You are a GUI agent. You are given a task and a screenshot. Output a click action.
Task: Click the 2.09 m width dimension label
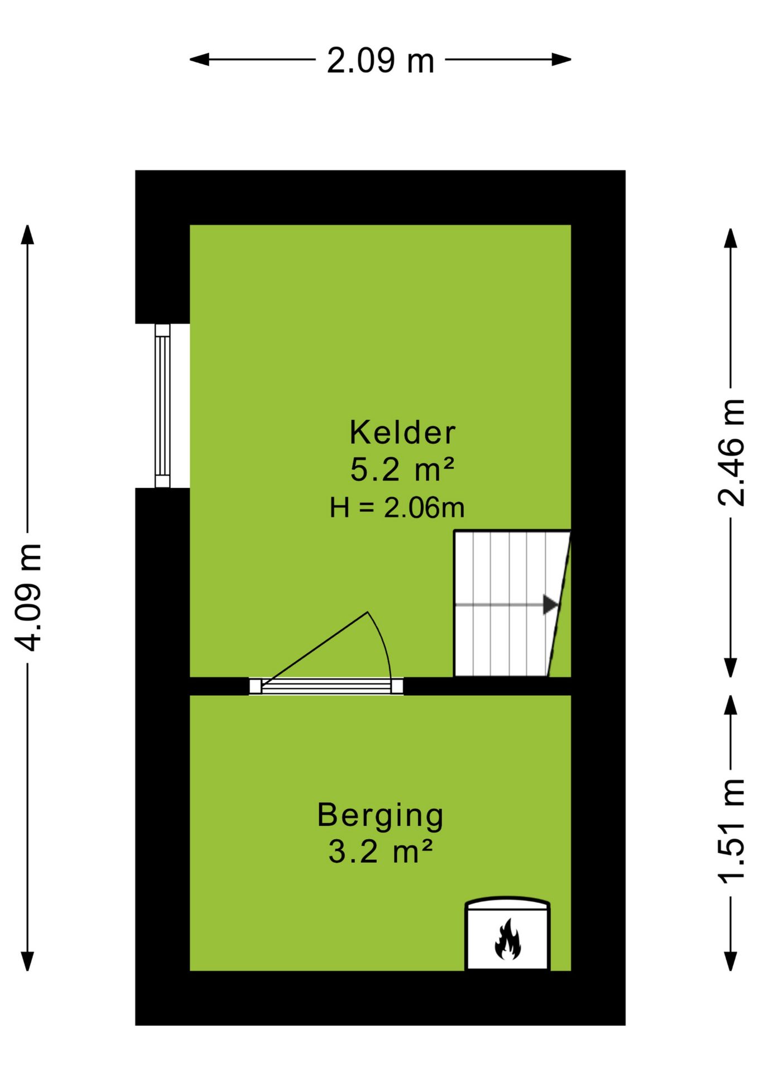tap(380, 60)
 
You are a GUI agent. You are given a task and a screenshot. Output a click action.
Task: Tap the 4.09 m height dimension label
tap(28, 597)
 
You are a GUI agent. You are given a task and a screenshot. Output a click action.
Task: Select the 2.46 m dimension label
tap(731, 452)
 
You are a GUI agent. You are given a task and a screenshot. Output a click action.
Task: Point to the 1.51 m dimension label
tap(731, 831)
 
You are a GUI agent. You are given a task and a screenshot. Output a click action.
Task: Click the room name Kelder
tap(402, 432)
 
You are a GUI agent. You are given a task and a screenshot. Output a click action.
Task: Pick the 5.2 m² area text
tap(402, 469)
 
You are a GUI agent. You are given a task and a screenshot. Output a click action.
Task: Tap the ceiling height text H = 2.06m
tap(397, 508)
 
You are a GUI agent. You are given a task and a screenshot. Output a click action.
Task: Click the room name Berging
tap(380, 816)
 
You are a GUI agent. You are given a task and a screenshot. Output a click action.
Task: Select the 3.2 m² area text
tap(380, 852)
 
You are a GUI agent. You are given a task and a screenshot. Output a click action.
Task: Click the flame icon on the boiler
tap(507, 940)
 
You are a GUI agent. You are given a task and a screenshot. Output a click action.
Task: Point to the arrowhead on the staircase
tap(550, 604)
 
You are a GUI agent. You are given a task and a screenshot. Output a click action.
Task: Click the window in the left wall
tap(162, 406)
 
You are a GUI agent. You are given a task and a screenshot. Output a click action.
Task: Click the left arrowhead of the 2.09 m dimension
tap(199, 60)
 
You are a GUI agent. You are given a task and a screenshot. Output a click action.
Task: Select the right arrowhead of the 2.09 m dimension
tap(562, 60)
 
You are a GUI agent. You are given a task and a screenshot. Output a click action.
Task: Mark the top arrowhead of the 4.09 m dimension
tap(27, 234)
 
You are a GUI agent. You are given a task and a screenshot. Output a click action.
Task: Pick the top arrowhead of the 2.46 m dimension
tap(731, 238)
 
